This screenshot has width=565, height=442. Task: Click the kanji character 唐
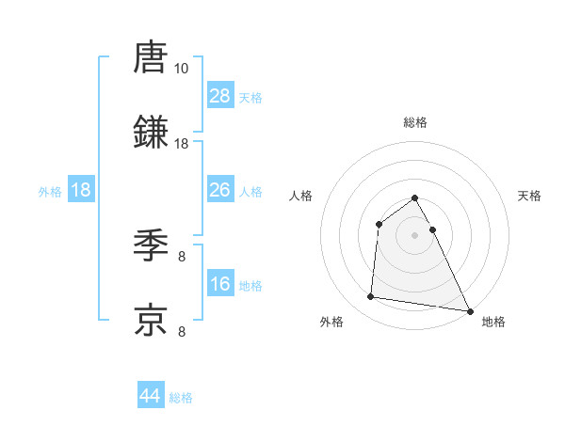(151, 57)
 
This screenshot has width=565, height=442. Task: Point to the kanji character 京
(151, 320)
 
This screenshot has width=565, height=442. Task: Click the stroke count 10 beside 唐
(181, 69)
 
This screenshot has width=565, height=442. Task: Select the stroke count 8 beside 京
(182, 331)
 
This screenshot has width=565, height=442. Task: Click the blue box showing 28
(220, 96)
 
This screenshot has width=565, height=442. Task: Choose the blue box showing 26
(220, 190)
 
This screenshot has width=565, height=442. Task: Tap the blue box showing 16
(220, 284)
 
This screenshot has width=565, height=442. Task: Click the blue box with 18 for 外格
(81, 190)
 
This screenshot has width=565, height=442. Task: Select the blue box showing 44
(151, 396)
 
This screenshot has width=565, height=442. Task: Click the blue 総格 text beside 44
(181, 398)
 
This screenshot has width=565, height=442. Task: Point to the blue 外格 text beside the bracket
(50, 191)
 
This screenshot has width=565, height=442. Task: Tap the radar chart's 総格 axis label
(415, 122)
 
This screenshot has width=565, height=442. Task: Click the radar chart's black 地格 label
(493, 322)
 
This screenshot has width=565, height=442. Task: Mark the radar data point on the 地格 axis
(469, 311)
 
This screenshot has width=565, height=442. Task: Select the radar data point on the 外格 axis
(371, 297)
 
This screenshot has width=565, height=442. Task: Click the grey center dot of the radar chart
(415, 234)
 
